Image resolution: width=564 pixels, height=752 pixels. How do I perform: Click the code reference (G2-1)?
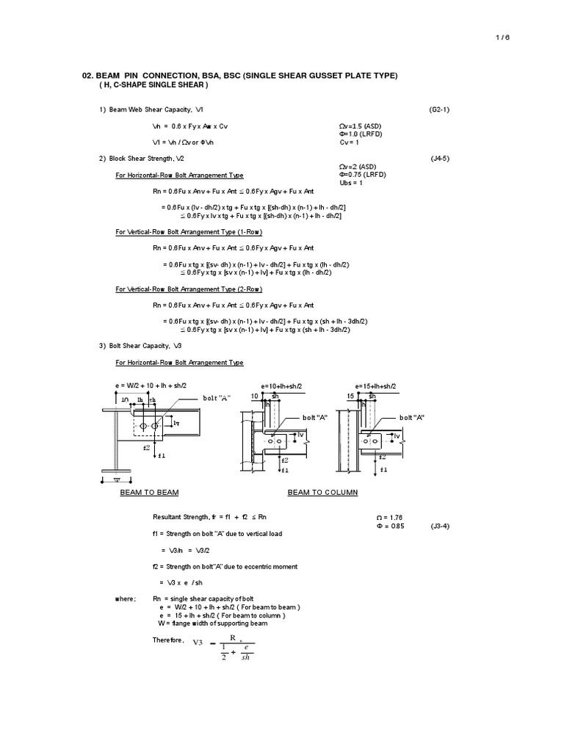coord(441,109)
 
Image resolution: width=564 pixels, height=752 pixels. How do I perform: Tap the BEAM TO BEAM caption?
coord(150,492)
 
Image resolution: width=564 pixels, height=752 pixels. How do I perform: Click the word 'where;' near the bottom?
coord(126,599)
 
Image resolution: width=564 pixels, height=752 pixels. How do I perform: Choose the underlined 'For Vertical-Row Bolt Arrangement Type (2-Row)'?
coord(189,289)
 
